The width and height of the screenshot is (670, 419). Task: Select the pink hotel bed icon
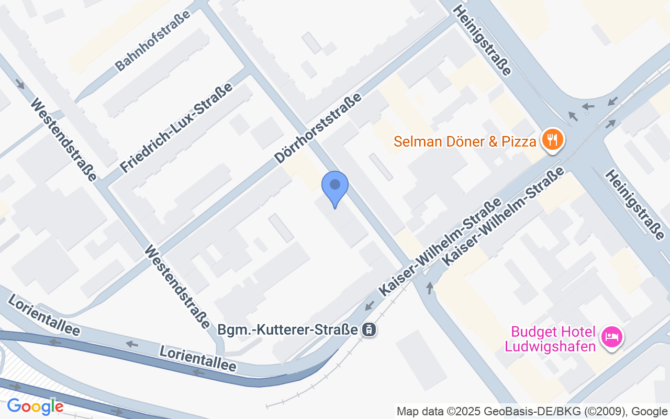(x=610, y=336)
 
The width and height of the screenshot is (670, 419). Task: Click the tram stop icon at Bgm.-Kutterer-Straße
(x=369, y=329)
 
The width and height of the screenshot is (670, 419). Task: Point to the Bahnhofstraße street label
(x=153, y=40)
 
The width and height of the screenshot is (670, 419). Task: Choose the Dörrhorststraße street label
(x=318, y=128)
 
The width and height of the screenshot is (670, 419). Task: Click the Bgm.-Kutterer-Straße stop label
(x=288, y=330)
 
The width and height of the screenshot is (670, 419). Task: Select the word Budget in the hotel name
(x=531, y=332)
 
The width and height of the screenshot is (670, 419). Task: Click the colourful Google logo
(x=35, y=406)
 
